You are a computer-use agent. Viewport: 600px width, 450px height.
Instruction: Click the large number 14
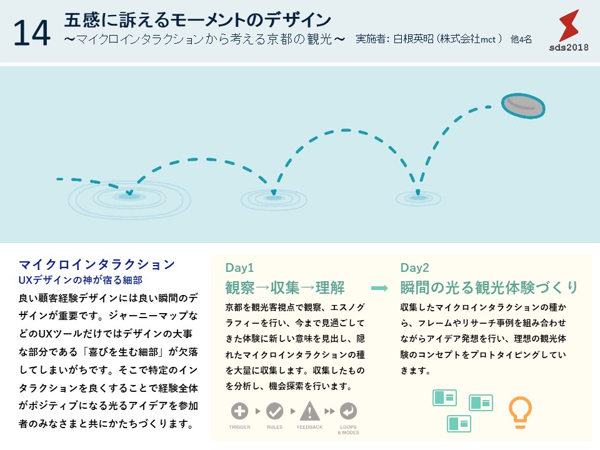[32, 33]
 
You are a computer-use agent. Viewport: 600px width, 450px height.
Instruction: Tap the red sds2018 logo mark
[569, 25]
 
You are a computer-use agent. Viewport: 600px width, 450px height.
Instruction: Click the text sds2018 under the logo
[569, 47]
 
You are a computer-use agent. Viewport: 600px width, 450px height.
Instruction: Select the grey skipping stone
[523, 106]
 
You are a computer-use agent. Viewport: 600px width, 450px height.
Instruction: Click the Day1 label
[239, 267]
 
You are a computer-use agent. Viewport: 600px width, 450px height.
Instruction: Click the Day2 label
[415, 267]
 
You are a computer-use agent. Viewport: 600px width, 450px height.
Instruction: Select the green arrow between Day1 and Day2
[379, 288]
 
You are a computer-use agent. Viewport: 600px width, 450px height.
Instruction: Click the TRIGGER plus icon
[239, 411]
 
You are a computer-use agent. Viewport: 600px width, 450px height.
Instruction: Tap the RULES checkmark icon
[275, 411]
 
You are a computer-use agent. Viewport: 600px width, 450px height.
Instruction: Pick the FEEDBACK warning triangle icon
[309, 411]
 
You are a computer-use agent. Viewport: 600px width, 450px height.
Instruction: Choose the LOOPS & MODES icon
[348, 411]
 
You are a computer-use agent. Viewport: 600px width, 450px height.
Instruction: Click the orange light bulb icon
[520, 412]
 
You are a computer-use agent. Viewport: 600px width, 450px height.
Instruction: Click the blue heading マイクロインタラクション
[97, 264]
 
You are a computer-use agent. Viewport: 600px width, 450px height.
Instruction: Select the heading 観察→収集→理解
[285, 287]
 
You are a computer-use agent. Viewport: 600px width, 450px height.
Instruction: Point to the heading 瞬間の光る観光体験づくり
[489, 287]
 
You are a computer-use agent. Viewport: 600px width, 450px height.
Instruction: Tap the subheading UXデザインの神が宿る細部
[81, 280]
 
